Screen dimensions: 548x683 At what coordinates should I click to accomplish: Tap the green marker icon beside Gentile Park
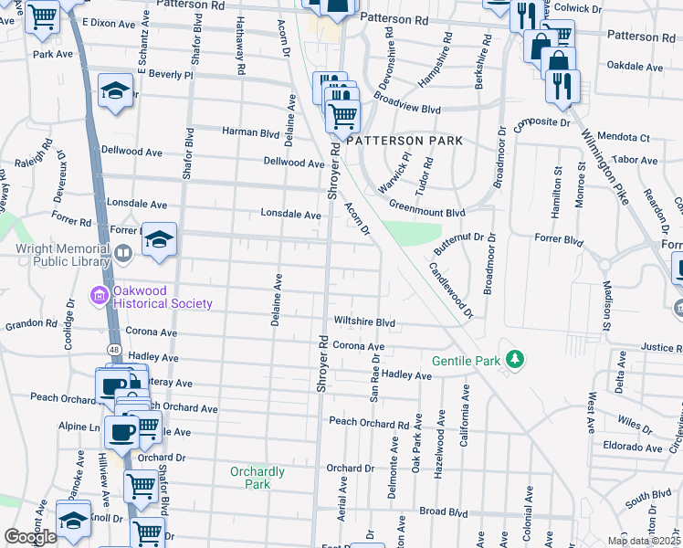click(x=516, y=359)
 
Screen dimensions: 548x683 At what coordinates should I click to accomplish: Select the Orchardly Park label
click(x=257, y=478)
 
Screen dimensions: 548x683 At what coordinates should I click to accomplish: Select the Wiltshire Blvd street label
click(x=363, y=322)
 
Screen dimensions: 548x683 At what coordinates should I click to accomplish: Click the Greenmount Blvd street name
click(x=427, y=213)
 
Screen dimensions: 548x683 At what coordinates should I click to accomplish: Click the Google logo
click(x=31, y=536)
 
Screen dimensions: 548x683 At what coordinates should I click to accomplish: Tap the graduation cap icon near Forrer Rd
click(x=160, y=239)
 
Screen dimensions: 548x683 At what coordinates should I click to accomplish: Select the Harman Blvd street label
click(x=250, y=132)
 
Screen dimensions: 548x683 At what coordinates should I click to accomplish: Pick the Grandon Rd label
click(x=31, y=324)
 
